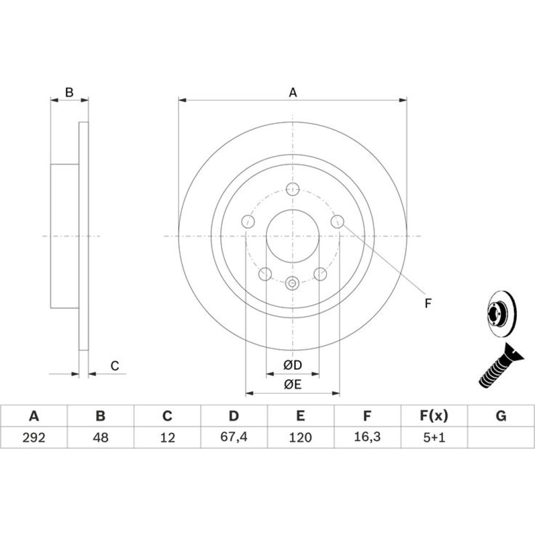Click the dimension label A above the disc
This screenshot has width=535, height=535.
pyautogui.click(x=293, y=93)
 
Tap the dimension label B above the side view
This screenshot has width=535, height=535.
pyautogui.click(x=69, y=92)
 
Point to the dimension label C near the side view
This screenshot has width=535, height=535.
pyautogui.click(x=114, y=366)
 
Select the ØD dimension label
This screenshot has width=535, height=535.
pyautogui.click(x=293, y=365)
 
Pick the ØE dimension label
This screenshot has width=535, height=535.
pyautogui.click(x=293, y=385)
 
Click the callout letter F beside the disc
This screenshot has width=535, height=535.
pyautogui.click(x=428, y=303)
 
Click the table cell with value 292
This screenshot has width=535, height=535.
pyautogui.click(x=34, y=437)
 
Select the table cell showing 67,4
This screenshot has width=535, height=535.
pyautogui.click(x=234, y=437)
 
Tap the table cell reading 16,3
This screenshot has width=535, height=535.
pyautogui.click(x=368, y=437)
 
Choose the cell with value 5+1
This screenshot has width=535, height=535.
pyautogui.click(x=434, y=437)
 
